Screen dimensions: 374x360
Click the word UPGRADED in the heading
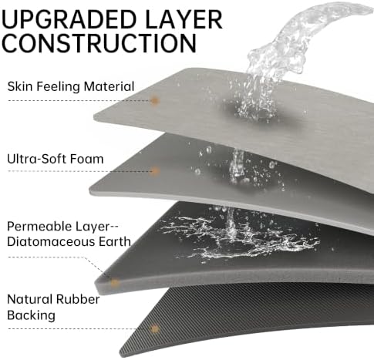[69, 19]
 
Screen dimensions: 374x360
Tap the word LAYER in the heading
[184, 19]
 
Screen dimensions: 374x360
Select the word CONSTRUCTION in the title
[99, 43]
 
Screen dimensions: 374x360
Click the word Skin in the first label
[20, 86]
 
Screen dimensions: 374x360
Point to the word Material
[109, 86]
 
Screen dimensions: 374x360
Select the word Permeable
[39, 227]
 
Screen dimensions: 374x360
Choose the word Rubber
[78, 299]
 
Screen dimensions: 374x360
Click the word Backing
[31, 315]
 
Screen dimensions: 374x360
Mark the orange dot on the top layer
[154, 100]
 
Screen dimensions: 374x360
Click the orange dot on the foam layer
[154, 171]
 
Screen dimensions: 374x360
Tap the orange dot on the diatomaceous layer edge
[115, 283]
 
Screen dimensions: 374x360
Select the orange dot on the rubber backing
[154, 329]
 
